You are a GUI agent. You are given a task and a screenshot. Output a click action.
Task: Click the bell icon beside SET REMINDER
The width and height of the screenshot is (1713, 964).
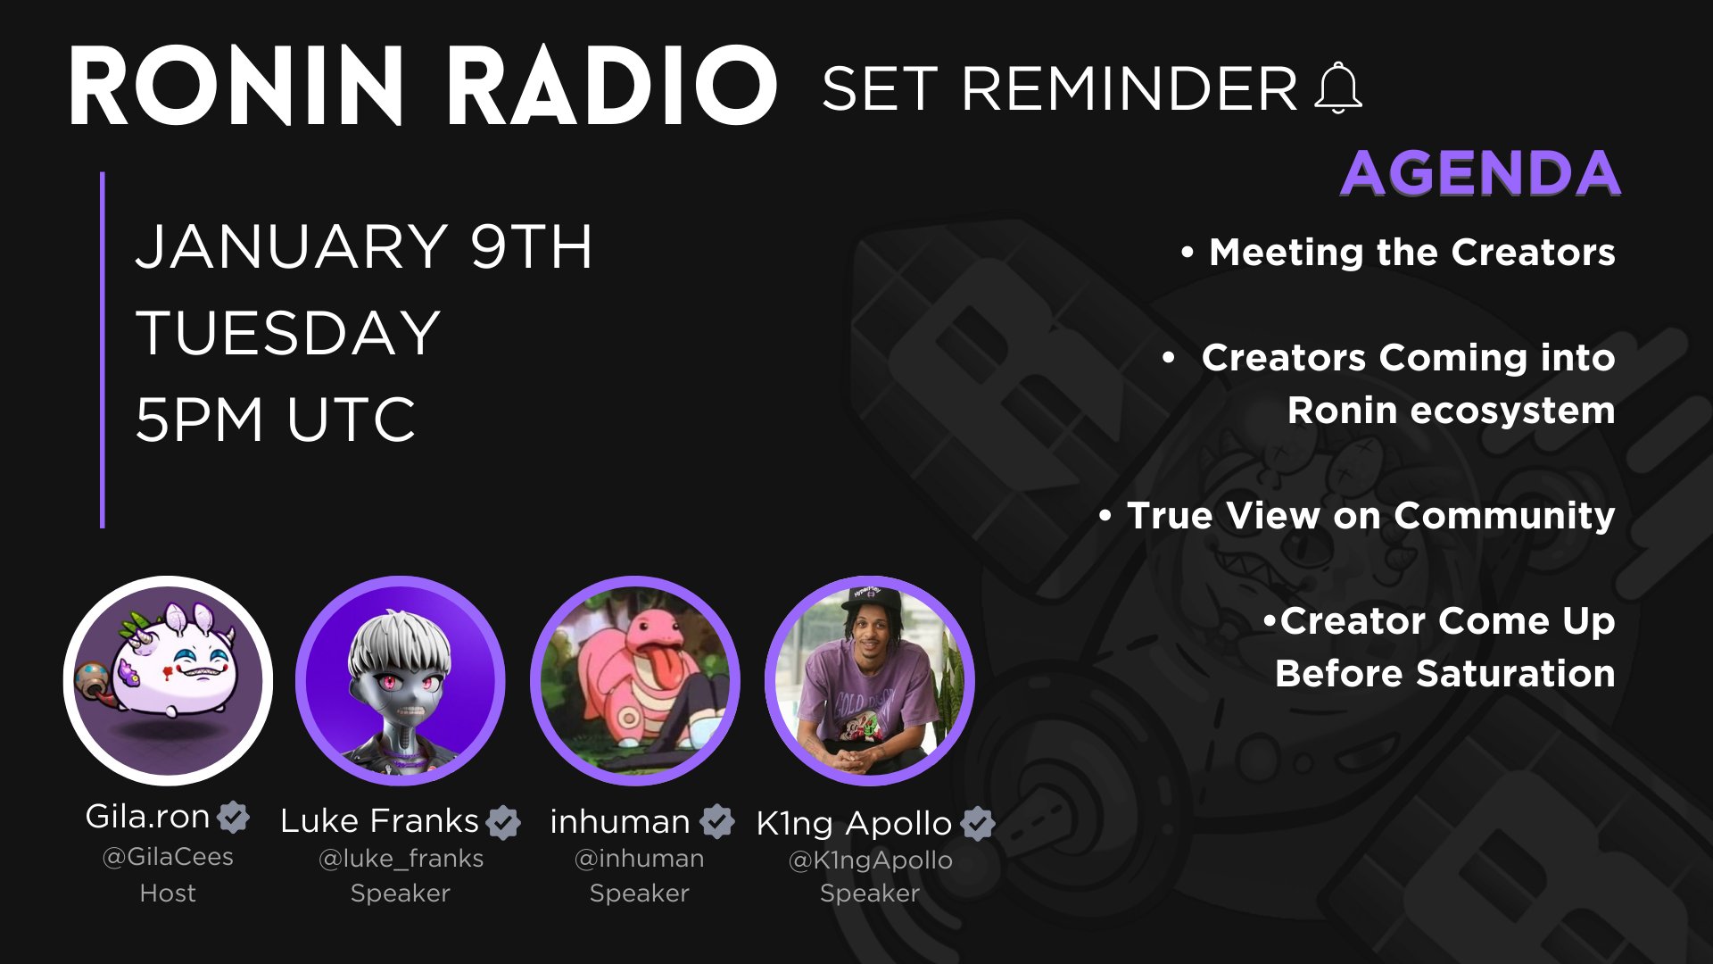tap(1338, 88)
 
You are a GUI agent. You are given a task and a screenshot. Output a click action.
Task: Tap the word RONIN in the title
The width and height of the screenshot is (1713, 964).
tap(236, 87)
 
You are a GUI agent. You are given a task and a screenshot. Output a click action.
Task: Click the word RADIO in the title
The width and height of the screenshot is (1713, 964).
tap(611, 87)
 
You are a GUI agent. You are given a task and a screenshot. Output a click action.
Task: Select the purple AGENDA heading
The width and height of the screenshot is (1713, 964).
tap(1480, 173)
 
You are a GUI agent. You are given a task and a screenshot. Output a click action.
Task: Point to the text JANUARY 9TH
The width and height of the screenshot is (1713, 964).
tap(364, 247)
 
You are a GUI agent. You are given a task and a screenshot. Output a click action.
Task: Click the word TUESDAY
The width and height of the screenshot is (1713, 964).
tap(288, 333)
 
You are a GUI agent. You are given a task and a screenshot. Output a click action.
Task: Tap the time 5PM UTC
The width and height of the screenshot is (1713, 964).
tap(276, 420)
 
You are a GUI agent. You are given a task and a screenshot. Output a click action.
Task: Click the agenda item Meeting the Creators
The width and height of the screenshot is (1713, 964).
tap(1412, 252)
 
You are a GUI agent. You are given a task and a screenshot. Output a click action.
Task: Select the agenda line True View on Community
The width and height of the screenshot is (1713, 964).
tap(1371, 516)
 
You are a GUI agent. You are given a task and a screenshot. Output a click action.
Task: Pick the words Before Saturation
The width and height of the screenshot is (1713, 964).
tap(1445, 673)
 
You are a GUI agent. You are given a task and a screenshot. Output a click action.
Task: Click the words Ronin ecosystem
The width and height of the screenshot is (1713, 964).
tap(1452, 411)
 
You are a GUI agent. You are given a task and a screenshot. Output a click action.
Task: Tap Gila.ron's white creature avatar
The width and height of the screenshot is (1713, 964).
tap(168, 681)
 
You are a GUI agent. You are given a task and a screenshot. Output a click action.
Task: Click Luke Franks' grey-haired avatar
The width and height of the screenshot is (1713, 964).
tap(401, 681)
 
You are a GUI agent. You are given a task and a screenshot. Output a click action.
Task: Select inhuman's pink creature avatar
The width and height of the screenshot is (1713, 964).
tap(635, 681)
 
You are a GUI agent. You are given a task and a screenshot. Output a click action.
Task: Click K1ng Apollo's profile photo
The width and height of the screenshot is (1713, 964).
tap(870, 681)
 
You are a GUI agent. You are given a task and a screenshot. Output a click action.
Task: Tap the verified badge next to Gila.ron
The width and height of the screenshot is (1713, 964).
tap(234, 817)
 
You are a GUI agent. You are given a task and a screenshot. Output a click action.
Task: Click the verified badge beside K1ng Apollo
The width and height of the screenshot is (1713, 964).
tap(979, 823)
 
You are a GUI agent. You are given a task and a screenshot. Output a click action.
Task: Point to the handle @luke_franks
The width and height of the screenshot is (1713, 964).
tap(401, 859)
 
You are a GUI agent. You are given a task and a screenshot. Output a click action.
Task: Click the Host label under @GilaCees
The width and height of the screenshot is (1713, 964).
tap(168, 893)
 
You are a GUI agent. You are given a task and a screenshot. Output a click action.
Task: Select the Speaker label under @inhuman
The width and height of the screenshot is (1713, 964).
tap(640, 893)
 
